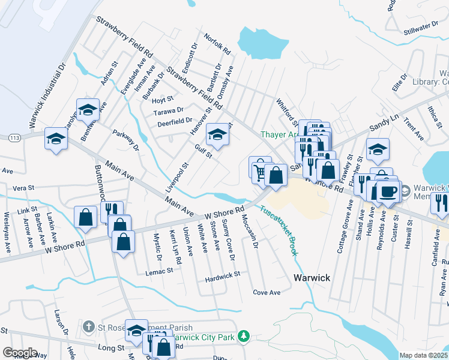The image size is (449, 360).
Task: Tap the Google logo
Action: [20, 353]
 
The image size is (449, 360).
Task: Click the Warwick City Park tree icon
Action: [243, 338]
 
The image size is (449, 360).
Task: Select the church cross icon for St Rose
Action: [88, 326]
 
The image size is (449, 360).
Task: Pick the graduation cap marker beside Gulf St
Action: [217, 134]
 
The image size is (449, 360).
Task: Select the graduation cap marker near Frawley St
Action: [378, 149]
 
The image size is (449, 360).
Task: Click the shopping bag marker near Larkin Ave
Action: [85, 217]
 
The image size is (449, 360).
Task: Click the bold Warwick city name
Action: [312, 278]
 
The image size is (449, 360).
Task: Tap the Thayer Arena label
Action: [279, 134]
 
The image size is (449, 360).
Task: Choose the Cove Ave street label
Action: [267, 293]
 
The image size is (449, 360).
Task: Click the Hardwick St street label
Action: [221, 274]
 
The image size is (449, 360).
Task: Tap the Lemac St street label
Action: [159, 271]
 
